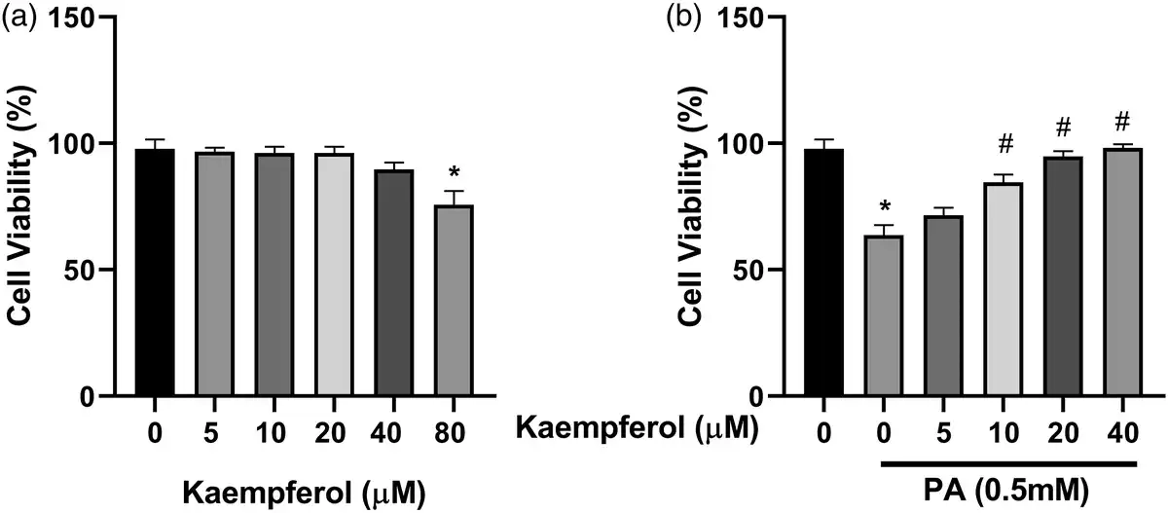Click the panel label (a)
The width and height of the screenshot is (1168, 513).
(18, 17)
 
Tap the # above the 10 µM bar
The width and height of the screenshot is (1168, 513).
(1006, 146)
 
